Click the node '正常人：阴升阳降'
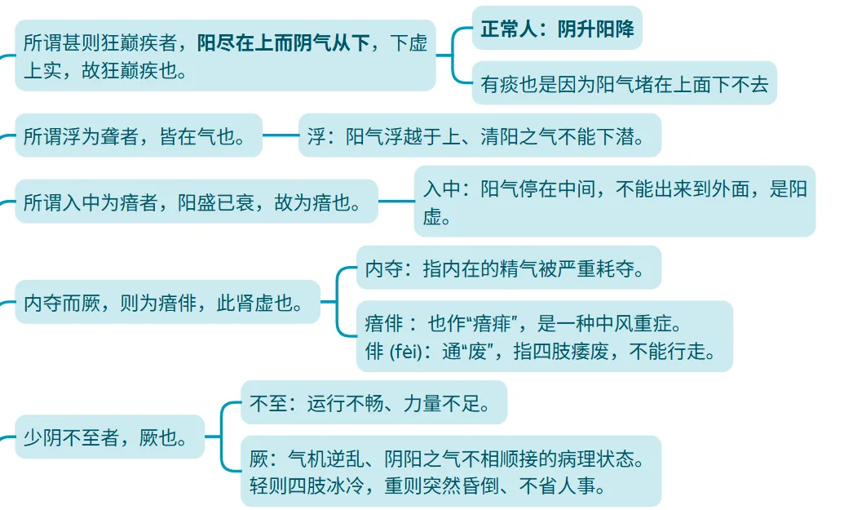point(557,29)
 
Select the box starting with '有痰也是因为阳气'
point(624,82)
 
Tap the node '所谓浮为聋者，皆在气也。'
point(138,135)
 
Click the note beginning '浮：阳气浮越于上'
point(479,135)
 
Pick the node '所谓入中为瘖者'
point(196,201)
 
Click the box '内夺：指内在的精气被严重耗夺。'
point(508,268)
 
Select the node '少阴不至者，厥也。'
point(109,437)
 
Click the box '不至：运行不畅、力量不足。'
point(373,402)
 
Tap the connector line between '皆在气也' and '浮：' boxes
point(280,135)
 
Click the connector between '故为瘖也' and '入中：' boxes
point(396,201)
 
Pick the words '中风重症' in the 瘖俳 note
point(631,323)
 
